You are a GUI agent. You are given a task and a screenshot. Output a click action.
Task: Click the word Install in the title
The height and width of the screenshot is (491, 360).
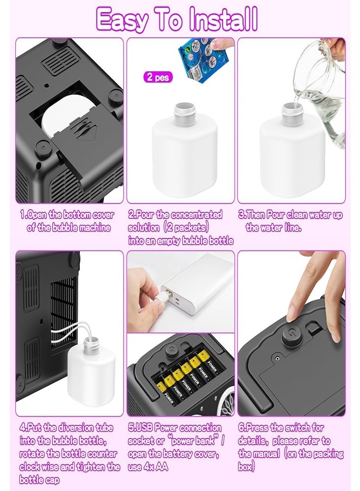click(x=223, y=19)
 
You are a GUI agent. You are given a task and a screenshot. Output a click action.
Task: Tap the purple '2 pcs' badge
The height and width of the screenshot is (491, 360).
click(x=158, y=77)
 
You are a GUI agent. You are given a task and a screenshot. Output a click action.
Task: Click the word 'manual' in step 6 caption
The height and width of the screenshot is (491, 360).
click(x=266, y=454)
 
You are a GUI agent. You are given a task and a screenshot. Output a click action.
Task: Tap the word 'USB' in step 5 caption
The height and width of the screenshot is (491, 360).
click(x=144, y=428)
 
